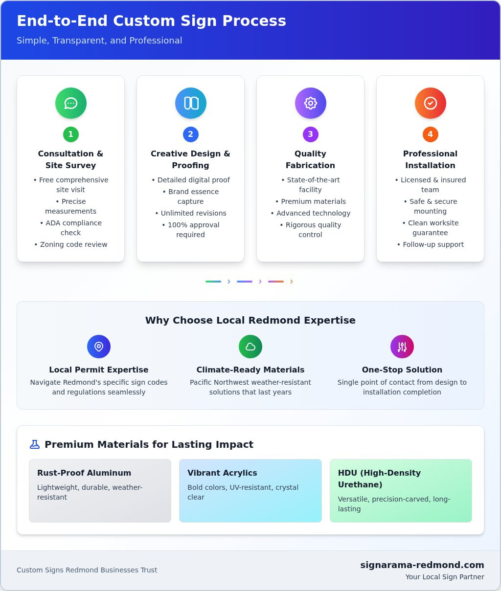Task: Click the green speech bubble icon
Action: click(70, 103)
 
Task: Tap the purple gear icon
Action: click(311, 103)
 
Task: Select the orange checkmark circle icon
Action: click(431, 103)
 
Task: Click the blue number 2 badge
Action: click(190, 134)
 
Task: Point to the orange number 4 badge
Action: click(431, 134)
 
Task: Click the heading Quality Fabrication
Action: click(311, 159)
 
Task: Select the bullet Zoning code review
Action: click(70, 244)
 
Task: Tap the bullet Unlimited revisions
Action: click(190, 213)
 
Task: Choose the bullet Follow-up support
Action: click(431, 244)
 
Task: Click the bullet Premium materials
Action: click(311, 201)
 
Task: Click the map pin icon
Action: click(99, 347)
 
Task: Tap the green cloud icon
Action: click(250, 347)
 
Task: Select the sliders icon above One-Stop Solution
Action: click(402, 347)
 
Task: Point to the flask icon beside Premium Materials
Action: click(35, 444)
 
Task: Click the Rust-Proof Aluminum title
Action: click(84, 473)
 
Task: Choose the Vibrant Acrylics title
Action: click(222, 473)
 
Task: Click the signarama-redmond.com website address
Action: click(422, 565)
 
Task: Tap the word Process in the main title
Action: click(254, 21)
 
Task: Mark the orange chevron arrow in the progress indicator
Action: click(291, 282)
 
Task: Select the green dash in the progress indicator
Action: click(213, 282)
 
